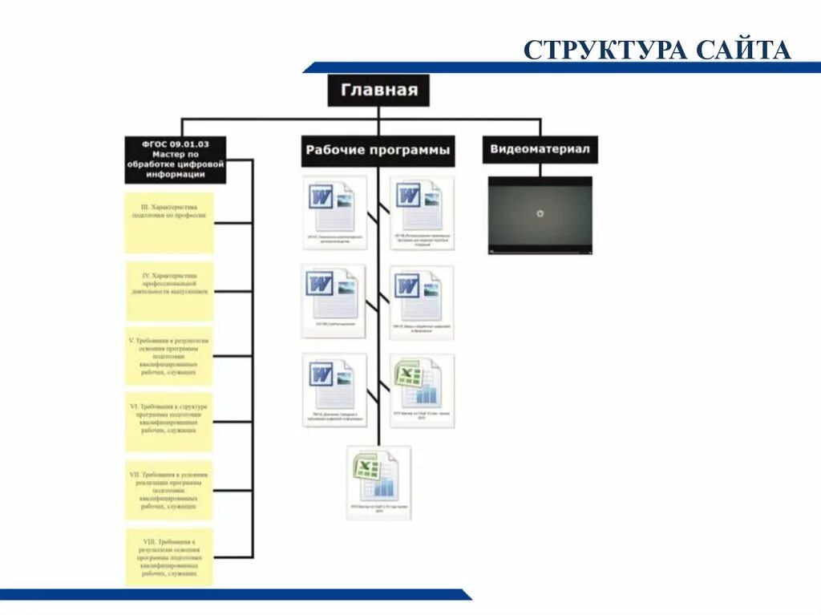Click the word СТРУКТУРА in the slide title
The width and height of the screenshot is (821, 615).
[605, 51]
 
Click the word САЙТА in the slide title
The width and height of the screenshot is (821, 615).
[743, 51]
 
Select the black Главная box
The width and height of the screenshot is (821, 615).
[378, 90]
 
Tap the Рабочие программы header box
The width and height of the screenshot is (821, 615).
[378, 150]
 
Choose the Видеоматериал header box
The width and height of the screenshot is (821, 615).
[540, 149]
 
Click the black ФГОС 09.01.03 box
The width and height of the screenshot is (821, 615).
[176, 160]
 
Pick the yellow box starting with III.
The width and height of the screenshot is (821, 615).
[170, 222]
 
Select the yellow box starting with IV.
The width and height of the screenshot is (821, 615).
[170, 291]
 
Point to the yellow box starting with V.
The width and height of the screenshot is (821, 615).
[170, 356]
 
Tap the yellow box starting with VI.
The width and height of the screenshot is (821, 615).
[170, 421]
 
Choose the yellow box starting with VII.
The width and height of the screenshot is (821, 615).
[170, 488]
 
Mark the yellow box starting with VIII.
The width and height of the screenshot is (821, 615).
[170, 556]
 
